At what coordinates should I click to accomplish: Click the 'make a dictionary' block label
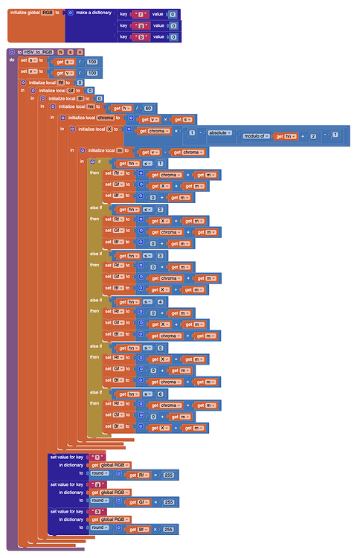tap(95, 13)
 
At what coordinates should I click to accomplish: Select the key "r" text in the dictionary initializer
tap(140, 13)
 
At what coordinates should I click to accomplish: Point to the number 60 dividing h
tap(148, 107)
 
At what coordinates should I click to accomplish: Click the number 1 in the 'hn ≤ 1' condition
tap(160, 163)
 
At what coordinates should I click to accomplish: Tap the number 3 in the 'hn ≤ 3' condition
tap(160, 254)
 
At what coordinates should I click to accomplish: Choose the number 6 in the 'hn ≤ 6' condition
tap(160, 393)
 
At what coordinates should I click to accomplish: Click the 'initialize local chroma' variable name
tap(105, 118)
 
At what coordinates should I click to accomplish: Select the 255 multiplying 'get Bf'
tap(169, 529)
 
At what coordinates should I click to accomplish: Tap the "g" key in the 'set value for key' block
tap(95, 484)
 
